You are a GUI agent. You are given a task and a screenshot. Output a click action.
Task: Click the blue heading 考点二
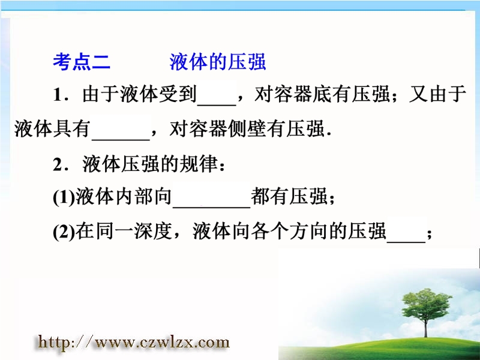tap(82, 62)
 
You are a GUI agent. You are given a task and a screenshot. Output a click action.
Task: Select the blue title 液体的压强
tap(218, 62)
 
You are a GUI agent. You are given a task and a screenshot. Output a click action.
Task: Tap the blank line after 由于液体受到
tap(217, 105)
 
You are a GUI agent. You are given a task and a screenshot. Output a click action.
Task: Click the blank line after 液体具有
tap(121, 140)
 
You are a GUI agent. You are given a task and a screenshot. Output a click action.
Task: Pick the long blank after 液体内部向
tap(212, 208)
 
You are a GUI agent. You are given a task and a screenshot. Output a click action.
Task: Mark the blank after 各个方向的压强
tap(406, 242)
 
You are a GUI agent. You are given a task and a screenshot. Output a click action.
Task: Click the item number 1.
tap(58, 95)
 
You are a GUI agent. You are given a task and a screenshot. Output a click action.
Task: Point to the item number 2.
tap(58, 164)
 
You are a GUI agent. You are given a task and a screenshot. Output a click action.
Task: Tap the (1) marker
tap(64, 197)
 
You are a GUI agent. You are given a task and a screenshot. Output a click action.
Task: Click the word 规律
tap(199, 164)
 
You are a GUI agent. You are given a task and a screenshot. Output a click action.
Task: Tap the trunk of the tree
tap(426, 328)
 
